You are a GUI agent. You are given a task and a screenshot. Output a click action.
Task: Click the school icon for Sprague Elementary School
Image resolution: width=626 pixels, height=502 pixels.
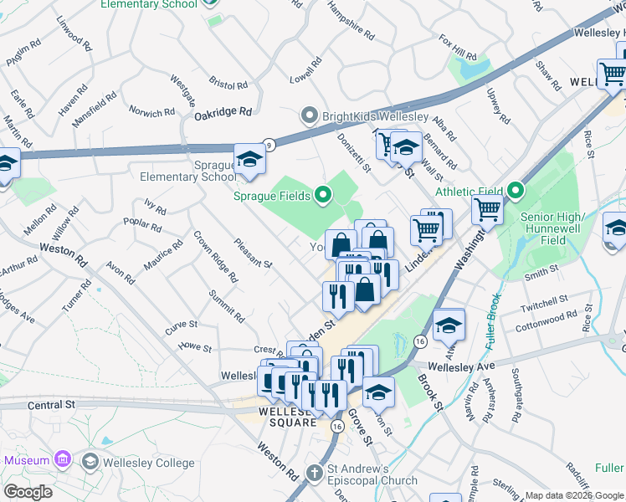coord(249,158)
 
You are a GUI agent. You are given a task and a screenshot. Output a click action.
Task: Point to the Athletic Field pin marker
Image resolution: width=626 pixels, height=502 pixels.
coord(516,192)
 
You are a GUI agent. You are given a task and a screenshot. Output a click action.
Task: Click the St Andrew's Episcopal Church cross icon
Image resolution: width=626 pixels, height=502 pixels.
coord(315,474)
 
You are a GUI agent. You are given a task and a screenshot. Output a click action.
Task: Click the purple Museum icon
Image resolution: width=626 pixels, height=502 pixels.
coord(61,459)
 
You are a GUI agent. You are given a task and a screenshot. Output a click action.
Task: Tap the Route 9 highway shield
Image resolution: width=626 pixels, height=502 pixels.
coord(268,144)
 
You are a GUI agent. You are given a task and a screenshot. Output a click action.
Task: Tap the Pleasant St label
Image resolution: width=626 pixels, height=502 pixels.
coord(254,252)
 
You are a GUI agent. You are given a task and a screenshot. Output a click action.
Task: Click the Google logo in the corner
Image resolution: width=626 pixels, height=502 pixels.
coord(28,491)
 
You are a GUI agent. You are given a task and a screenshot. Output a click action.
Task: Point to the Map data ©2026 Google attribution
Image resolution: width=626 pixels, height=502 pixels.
coord(574,495)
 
